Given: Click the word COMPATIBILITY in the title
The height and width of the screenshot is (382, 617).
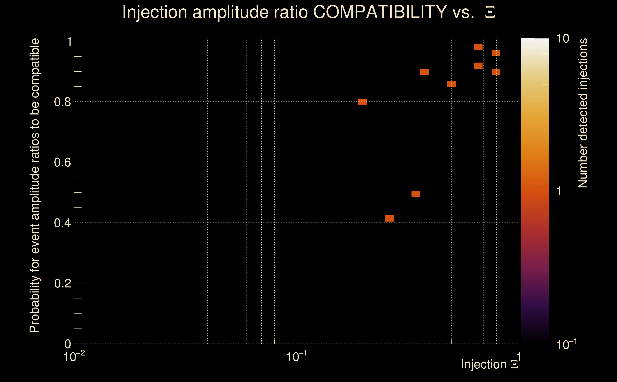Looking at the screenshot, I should coord(380,12).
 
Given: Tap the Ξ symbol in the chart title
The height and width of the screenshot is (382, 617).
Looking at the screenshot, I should coord(490,12).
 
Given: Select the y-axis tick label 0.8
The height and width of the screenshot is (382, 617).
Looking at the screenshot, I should coord(62,102).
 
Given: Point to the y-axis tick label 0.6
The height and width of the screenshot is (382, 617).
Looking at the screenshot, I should coord(62,162).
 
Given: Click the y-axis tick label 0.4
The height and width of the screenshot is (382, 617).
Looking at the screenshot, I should coord(62,223).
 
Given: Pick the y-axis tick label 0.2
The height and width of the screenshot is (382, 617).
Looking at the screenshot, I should coord(62,283).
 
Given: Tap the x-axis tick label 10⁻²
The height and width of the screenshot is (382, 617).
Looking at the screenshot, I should coord(74,356).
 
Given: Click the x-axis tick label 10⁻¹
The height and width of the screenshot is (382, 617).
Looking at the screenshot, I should coord(296,356).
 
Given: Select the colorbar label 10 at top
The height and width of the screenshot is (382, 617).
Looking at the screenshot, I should coord(562,39).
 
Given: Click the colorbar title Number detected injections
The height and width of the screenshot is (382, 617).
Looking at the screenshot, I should coord(583,113).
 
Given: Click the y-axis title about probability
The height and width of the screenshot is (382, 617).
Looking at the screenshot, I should coord(35,186).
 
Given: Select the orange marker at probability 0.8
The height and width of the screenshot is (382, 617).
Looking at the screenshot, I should coord(363,102).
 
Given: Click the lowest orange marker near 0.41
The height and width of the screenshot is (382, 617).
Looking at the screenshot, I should coord(389,218).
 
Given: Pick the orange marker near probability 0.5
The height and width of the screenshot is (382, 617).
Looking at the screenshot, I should coord(416,194).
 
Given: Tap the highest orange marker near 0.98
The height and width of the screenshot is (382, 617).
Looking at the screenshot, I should coord(478,47).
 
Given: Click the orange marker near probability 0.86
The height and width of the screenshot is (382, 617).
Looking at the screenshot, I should coord(451,84).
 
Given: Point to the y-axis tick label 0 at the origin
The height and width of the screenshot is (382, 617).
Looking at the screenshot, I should coord(68,344).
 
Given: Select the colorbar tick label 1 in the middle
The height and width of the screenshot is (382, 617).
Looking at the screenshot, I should coord(559,191).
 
